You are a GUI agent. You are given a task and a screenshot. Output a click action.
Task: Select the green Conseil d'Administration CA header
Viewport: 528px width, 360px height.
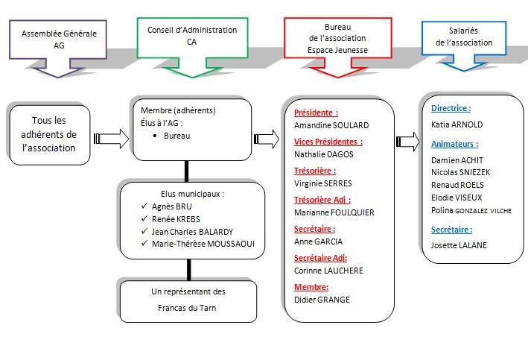(x=191, y=35)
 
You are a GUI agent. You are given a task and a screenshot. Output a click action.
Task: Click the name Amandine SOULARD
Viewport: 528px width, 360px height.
(x=331, y=125)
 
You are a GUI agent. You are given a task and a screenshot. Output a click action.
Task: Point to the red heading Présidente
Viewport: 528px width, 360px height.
(x=316, y=113)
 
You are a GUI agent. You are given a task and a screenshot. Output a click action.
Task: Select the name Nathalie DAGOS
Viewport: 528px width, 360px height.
(x=324, y=154)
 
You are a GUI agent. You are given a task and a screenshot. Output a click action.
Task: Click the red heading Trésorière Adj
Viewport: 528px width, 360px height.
(x=322, y=199)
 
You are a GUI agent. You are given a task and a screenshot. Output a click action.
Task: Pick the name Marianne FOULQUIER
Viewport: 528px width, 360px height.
(x=334, y=212)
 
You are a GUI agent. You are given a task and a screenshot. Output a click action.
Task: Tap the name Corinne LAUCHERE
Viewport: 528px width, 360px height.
(x=328, y=271)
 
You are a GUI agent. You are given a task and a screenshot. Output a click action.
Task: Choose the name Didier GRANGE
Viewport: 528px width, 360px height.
(x=322, y=300)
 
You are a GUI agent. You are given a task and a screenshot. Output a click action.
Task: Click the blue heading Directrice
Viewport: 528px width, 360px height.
(x=451, y=108)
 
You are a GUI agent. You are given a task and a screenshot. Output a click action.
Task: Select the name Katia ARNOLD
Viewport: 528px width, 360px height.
(x=457, y=124)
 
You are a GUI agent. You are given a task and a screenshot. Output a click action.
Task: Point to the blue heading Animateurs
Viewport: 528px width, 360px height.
(x=454, y=144)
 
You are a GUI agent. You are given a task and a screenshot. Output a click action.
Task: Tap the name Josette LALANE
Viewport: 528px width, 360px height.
(x=459, y=244)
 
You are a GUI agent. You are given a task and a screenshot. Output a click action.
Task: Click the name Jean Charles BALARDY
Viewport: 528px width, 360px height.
(x=192, y=231)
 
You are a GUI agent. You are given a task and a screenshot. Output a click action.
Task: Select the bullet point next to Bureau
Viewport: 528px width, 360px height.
(x=152, y=136)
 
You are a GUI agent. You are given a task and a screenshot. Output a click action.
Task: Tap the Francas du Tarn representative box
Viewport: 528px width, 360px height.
(x=188, y=300)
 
